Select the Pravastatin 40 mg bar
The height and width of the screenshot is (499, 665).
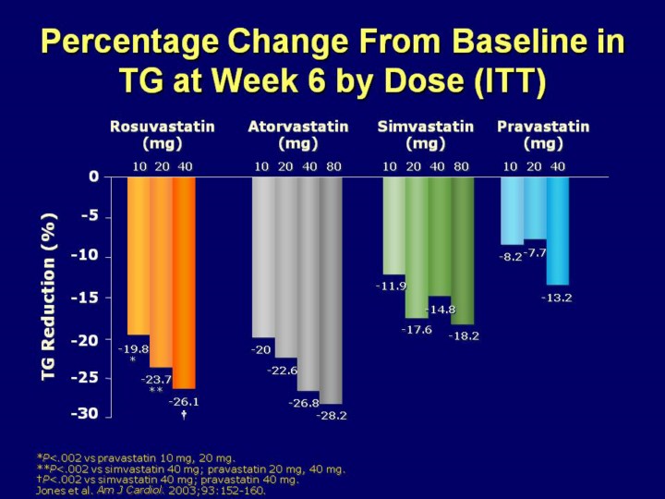click(558, 230)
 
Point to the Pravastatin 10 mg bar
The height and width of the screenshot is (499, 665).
click(512, 210)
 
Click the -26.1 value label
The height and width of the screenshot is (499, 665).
click(184, 402)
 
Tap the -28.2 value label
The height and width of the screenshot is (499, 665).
click(332, 416)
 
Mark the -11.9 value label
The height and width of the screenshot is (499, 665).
click(391, 286)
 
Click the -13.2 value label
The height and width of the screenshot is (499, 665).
click(556, 298)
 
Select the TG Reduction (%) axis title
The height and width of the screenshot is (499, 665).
click(49, 296)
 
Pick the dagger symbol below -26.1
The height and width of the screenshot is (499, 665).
click(184, 415)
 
